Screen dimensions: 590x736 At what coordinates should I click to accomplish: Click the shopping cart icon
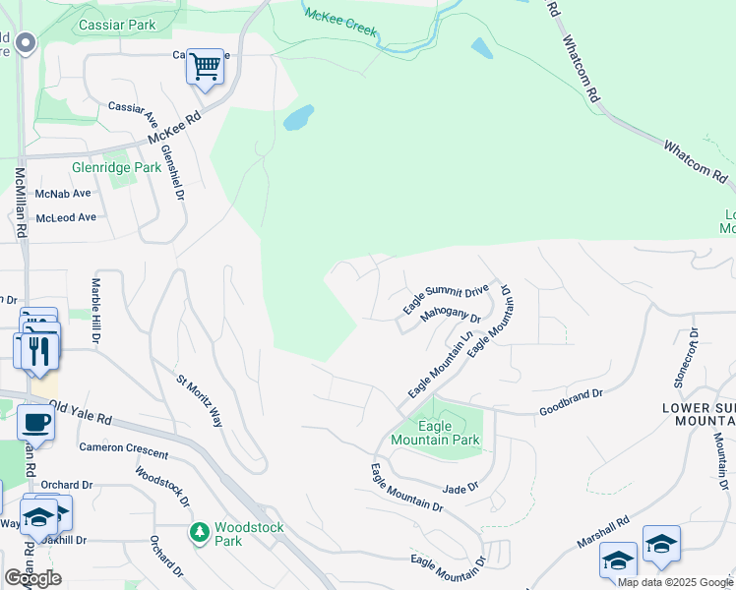pyautogui.click(x=205, y=68)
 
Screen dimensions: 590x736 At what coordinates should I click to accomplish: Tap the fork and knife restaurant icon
pyautogui.click(x=38, y=350)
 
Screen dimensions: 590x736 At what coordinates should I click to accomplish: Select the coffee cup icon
pyautogui.click(x=35, y=422)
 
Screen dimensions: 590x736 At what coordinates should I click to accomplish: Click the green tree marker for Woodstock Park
pyautogui.click(x=200, y=532)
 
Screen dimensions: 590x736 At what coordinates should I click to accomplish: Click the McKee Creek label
pyautogui.click(x=340, y=22)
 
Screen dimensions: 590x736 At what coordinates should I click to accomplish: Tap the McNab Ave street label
pyautogui.click(x=62, y=194)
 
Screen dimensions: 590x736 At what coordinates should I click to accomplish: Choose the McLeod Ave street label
pyautogui.click(x=66, y=216)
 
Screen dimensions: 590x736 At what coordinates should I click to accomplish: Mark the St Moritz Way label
pyautogui.click(x=200, y=399)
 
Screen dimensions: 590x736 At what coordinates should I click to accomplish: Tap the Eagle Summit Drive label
pyautogui.click(x=445, y=300)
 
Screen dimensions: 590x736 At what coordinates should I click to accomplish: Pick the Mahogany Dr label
pyautogui.click(x=450, y=316)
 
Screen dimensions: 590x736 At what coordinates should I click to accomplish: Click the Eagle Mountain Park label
pyautogui.click(x=435, y=434)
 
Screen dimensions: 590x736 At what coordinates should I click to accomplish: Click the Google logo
pyautogui.click(x=32, y=577)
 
